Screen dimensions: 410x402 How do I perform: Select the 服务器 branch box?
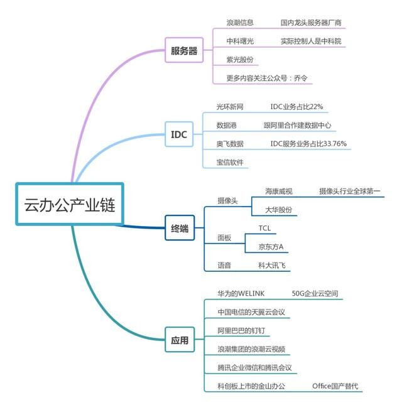tap(184, 51)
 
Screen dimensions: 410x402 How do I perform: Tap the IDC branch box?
tap(179, 134)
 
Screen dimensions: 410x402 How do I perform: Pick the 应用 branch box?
tap(180, 341)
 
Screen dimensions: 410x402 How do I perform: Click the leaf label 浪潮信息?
tap(240, 23)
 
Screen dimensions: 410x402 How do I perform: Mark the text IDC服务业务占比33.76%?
tap(308, 144)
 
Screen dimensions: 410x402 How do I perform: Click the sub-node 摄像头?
tap(227, 200)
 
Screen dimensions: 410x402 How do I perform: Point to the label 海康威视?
tap(279, 191)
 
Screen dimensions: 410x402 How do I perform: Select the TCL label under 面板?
tap(264, 228)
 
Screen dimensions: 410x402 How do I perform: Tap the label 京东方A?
tap(271, 247)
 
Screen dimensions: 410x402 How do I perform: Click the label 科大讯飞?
tap(271, 266)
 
